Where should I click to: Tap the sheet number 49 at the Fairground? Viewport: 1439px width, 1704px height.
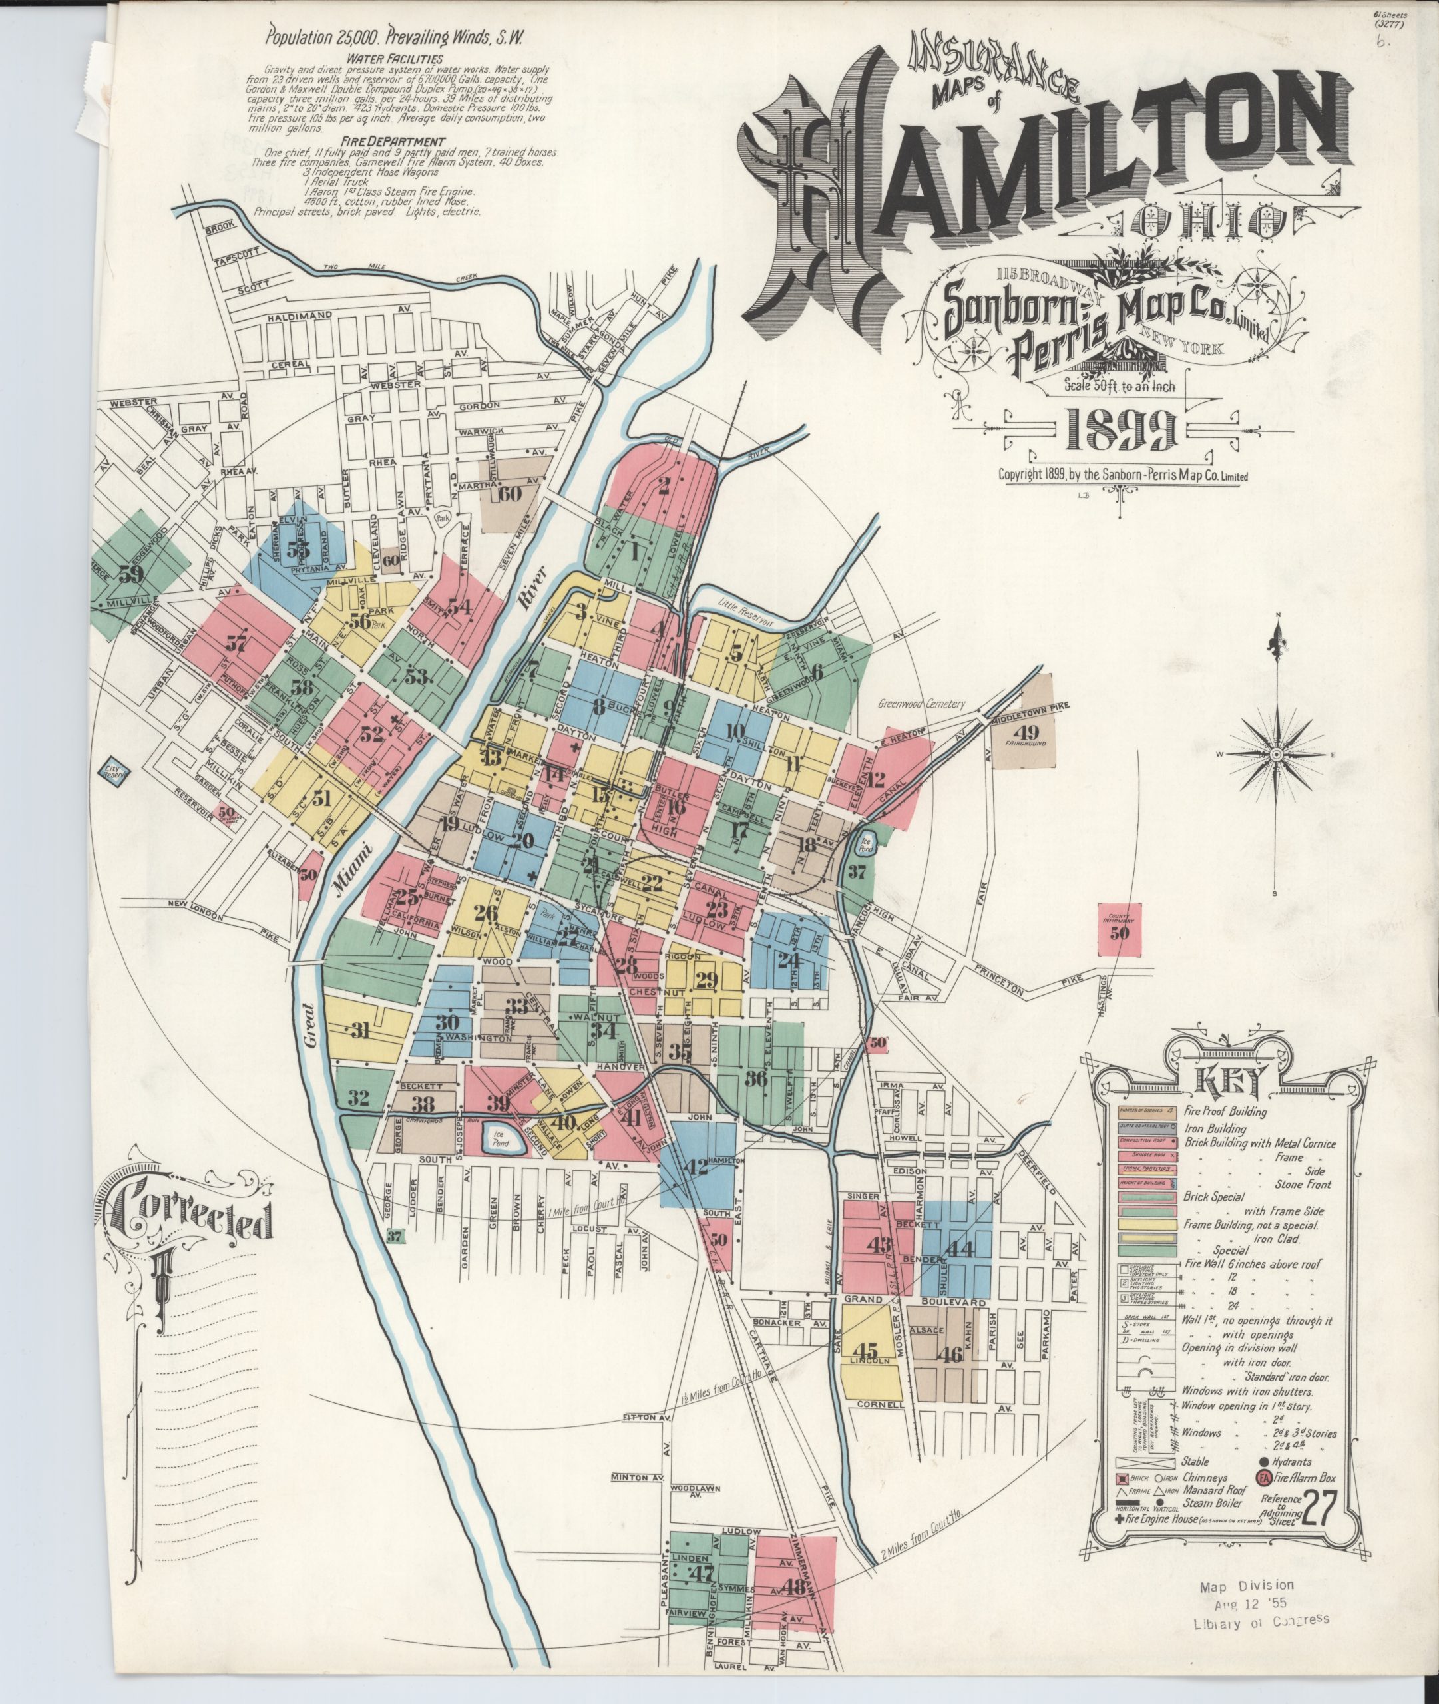[1026, 731]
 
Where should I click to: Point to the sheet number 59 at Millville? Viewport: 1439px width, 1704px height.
[130, 574]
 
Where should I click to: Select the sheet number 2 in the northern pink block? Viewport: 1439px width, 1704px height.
[664, 486]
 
